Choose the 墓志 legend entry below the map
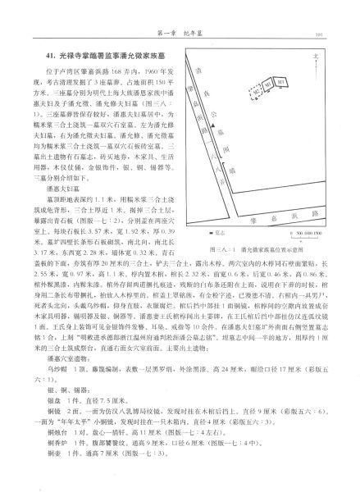coord(210,187)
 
